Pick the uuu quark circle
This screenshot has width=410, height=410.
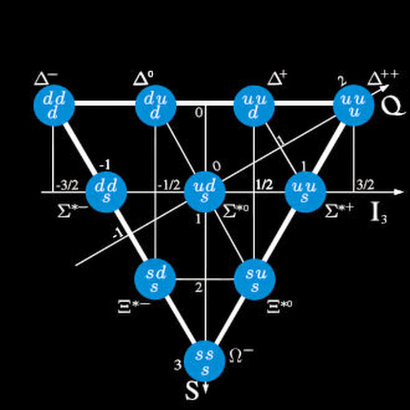(x=354, y=105)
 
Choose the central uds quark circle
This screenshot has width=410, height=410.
(x=205, y=192)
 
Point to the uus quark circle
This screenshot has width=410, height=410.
(x=305, y=192)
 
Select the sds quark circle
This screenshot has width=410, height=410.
(x=155, y=279)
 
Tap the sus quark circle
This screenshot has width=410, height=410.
(x=254, y=279)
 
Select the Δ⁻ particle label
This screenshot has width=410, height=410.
(x=46, y=78)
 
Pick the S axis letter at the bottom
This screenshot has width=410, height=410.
(x=192, y=392)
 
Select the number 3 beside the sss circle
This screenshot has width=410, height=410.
(x=177, y=365)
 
